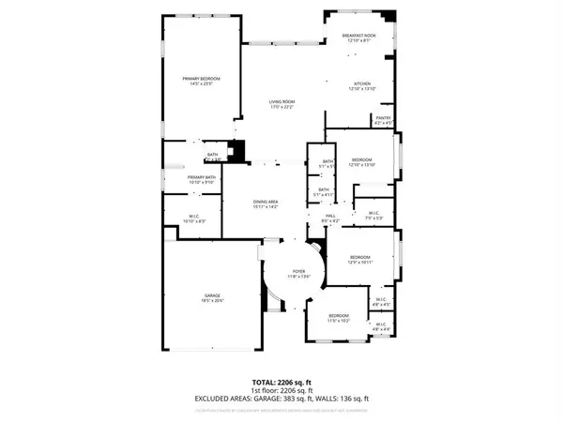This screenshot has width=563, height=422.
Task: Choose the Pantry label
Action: (x=383, y=120)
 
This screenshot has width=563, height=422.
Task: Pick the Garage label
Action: (x=210, y=298)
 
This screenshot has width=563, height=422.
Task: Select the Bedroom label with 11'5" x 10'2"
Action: (x=339, y=317)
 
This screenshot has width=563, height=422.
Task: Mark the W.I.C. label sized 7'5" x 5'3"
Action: (x=373, y=215)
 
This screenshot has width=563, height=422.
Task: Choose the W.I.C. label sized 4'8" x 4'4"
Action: (x=381, y=328)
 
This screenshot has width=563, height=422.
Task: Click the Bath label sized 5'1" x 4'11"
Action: (x=323, y=191)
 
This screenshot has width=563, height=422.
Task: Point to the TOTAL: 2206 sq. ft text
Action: (x=281, y=383)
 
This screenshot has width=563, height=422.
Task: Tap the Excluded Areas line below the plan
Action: (x=281, y=398)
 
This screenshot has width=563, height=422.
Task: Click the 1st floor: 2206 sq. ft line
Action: (x=281, y=390)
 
